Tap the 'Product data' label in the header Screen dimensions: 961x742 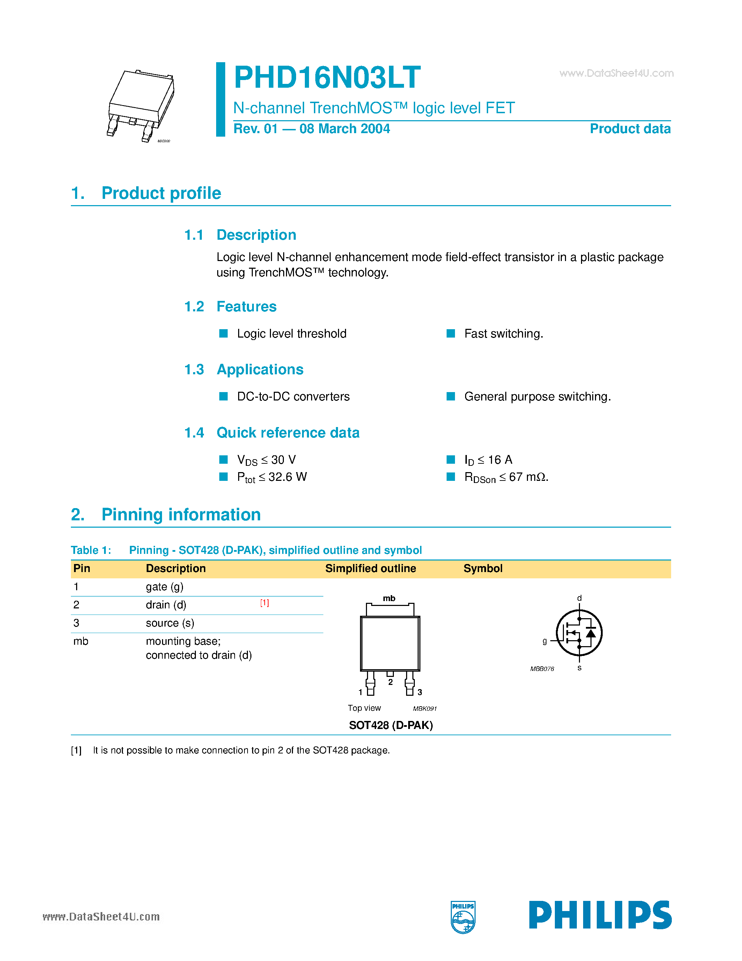point(630,129)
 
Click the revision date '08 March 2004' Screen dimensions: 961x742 point(344,129)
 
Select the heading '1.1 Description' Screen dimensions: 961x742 point(240,235)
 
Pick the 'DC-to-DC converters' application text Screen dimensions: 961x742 point(293,397)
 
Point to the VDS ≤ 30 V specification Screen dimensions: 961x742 point(266,460)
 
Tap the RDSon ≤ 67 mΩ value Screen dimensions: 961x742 point(506,477)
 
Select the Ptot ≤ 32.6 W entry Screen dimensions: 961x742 point(272,477)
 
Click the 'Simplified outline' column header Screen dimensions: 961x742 point(370,569)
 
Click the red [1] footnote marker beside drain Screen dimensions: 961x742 point(264,603)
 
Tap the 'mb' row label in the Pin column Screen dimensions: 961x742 point(81,642)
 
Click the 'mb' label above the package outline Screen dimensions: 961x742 point(389,598)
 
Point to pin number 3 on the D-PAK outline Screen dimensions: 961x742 point(420,692)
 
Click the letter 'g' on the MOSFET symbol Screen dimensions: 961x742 point(545,641)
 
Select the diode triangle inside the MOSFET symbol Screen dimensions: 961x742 point(591,633)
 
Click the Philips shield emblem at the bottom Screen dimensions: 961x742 point(463,917)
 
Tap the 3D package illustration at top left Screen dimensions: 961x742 point(141,106)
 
